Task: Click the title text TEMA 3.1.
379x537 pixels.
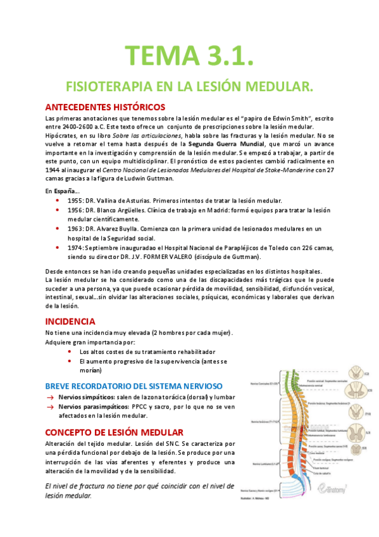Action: coord(189,54)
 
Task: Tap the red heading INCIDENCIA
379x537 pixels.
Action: coord(70,321)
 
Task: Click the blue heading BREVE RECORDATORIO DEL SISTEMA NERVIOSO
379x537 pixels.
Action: coord(133,385)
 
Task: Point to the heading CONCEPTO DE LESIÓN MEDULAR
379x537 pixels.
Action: coord(115,432)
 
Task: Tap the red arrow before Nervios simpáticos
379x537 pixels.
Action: coord(49,397)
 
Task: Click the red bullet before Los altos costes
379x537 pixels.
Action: coord(68,351)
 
